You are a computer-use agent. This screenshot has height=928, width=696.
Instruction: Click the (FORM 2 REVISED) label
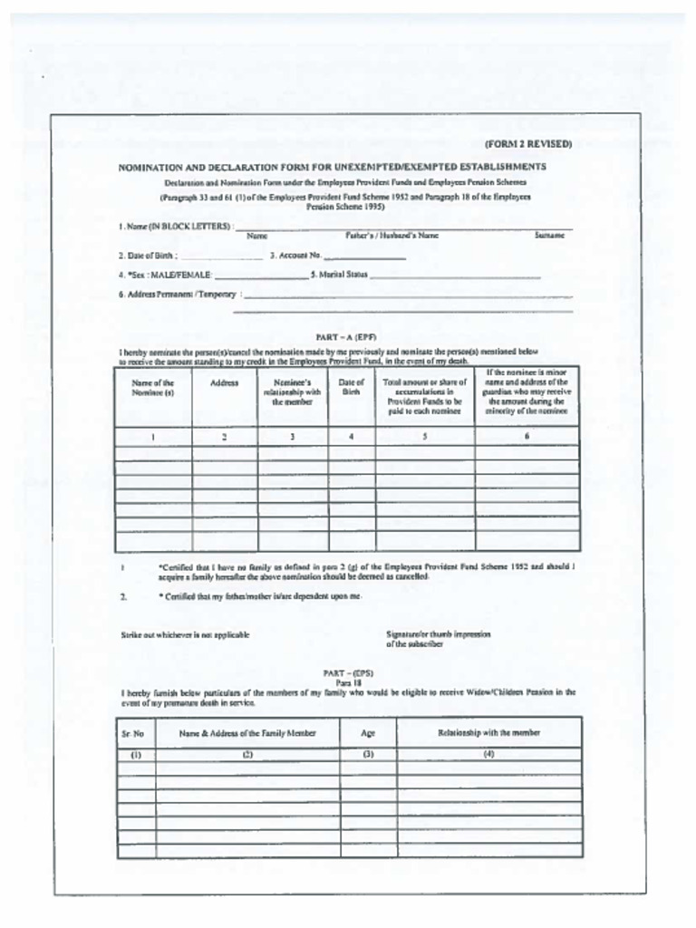pyautogui.click(x=527, y=144)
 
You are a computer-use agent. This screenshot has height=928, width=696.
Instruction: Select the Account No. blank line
pyautogui.click(x=364, y=259)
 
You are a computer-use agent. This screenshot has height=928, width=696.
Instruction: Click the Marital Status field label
pyautogui.click(x=338, y=274)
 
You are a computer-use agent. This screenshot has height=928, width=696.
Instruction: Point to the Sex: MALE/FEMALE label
pyautogui.click(x=165, y=274)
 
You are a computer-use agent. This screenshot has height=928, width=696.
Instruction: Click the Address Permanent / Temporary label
pyautogui.click(x=177, y=295)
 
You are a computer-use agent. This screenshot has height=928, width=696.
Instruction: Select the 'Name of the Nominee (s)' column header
pyautogui.click(x=152, y=388)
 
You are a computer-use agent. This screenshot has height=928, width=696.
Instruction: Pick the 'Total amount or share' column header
pyautogui.click(x=424, y=396)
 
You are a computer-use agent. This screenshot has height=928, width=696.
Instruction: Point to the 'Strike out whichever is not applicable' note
pyautogui.click(x=185, y=635)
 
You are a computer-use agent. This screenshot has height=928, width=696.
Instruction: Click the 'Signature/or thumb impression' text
pyautogui.click(x=438, y=634)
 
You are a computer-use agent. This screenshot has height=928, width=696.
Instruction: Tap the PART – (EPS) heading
pyautogui.click(x=348, y=672)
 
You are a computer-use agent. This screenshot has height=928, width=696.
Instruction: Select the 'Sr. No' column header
pyautogui.click(x=135, y=733)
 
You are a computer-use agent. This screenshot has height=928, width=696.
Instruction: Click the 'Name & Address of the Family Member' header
pyautogui.click(x=246, y=733)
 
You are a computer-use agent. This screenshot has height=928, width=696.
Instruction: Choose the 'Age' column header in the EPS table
pyautogui.click(x=367, y=733)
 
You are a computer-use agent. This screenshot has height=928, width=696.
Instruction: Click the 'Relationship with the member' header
pyautogui.click(x=488, y=732)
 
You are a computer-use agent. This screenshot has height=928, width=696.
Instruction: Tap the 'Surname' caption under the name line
pyautogui.click(x=549, y=236)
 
